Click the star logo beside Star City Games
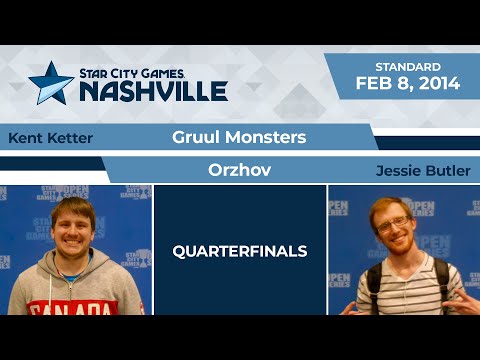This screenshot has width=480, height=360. pyautogui.click(x=50, y=83)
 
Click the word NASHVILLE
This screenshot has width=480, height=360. pyautogui.click(x=152, y=91)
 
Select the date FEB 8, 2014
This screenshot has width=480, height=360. pyautogui.click(x=408, y=84)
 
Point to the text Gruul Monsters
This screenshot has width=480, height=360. pyautogui.click(x=232, y=137)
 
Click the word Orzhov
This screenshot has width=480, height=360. pyautogui.click(x=239, y=170)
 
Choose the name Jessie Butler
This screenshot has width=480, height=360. pyautogui.click(x=423, y=170)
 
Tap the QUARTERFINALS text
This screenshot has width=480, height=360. pyautogui.click(x=239, y=251)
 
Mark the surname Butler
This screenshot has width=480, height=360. pyautogui.click(x=448, y=170)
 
